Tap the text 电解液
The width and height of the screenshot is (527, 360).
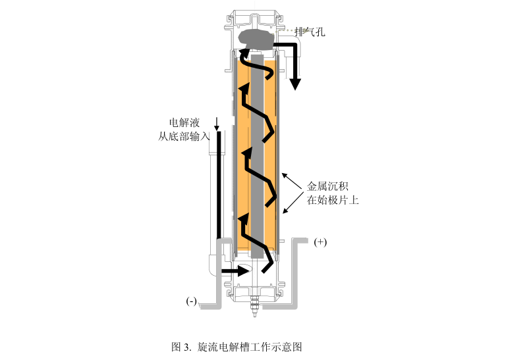pyautogui.click(x=182, y=122)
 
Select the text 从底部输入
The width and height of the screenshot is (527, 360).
pyautogui.click(x=184, y=136)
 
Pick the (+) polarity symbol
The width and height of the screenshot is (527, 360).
pyautogui.click(x=320, y=242)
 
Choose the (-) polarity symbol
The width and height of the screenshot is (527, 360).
pyautogui.click(x=192, y=301)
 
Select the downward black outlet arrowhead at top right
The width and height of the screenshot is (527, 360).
pyautogui.click(x=295, y=84)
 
